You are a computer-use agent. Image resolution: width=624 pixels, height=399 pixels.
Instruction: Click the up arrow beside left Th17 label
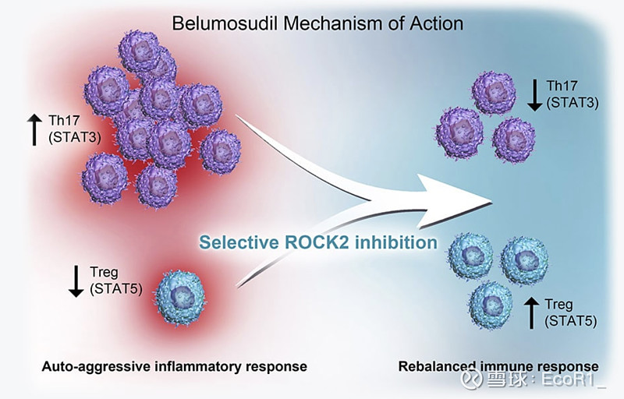pyautogui.click(x=34, y=129)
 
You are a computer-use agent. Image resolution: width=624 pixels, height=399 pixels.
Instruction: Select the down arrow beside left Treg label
pyautogui.click(x=76, y=280)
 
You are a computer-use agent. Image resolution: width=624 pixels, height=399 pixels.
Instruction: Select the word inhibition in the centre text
pyautogui.click(x=399, y=242)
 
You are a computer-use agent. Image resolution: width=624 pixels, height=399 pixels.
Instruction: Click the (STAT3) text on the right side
pyautogui.click(x=573, y=101)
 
